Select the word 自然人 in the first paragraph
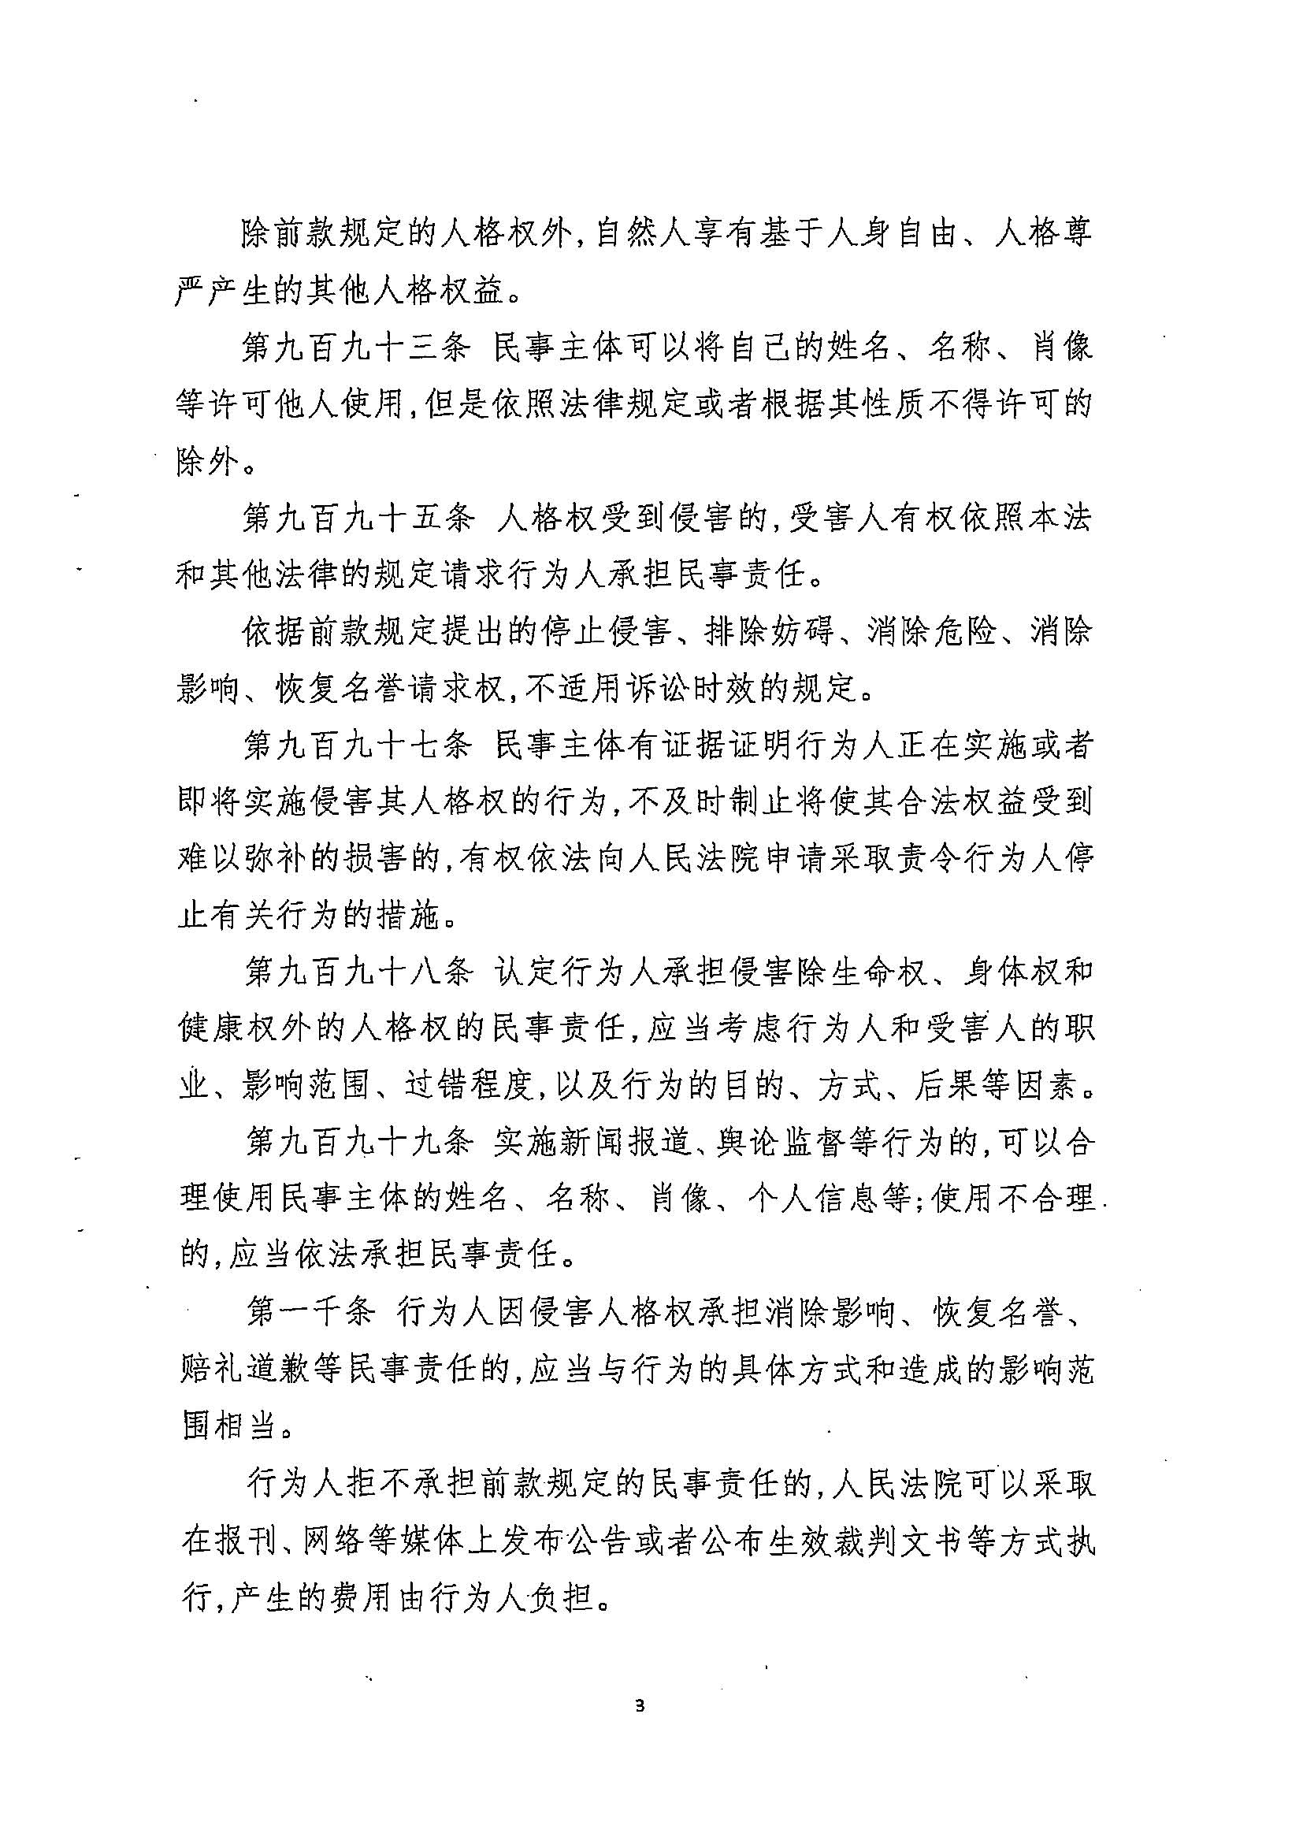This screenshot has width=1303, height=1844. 645,235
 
